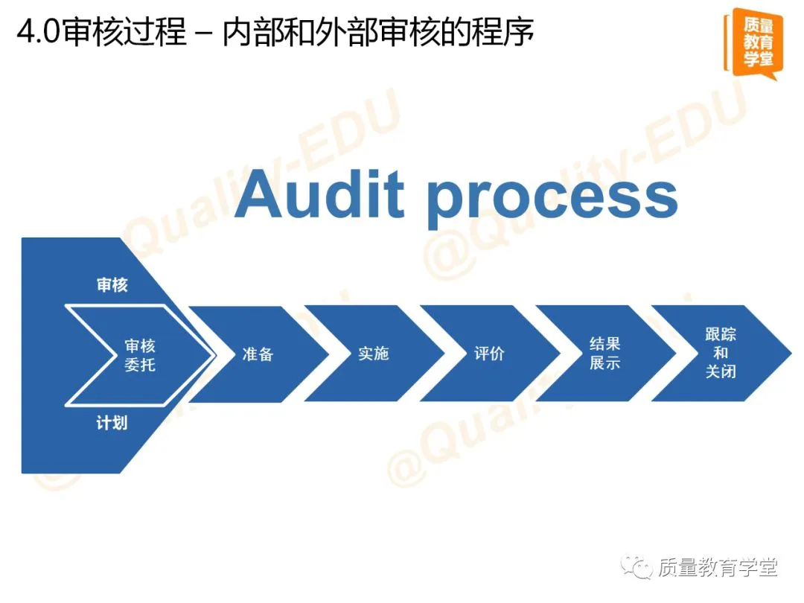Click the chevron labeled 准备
coord(258,354)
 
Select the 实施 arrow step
coord(373,354)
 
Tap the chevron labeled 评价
coord(489,354)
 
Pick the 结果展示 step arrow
coord(604,354)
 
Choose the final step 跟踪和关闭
coord(721,353)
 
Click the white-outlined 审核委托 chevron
coord(140,356)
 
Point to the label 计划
coord(112,424)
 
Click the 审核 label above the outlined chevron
coord(112,285)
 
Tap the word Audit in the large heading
coord(320,195)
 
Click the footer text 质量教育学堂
coord(718,569)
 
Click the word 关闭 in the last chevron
coord(721,371)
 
